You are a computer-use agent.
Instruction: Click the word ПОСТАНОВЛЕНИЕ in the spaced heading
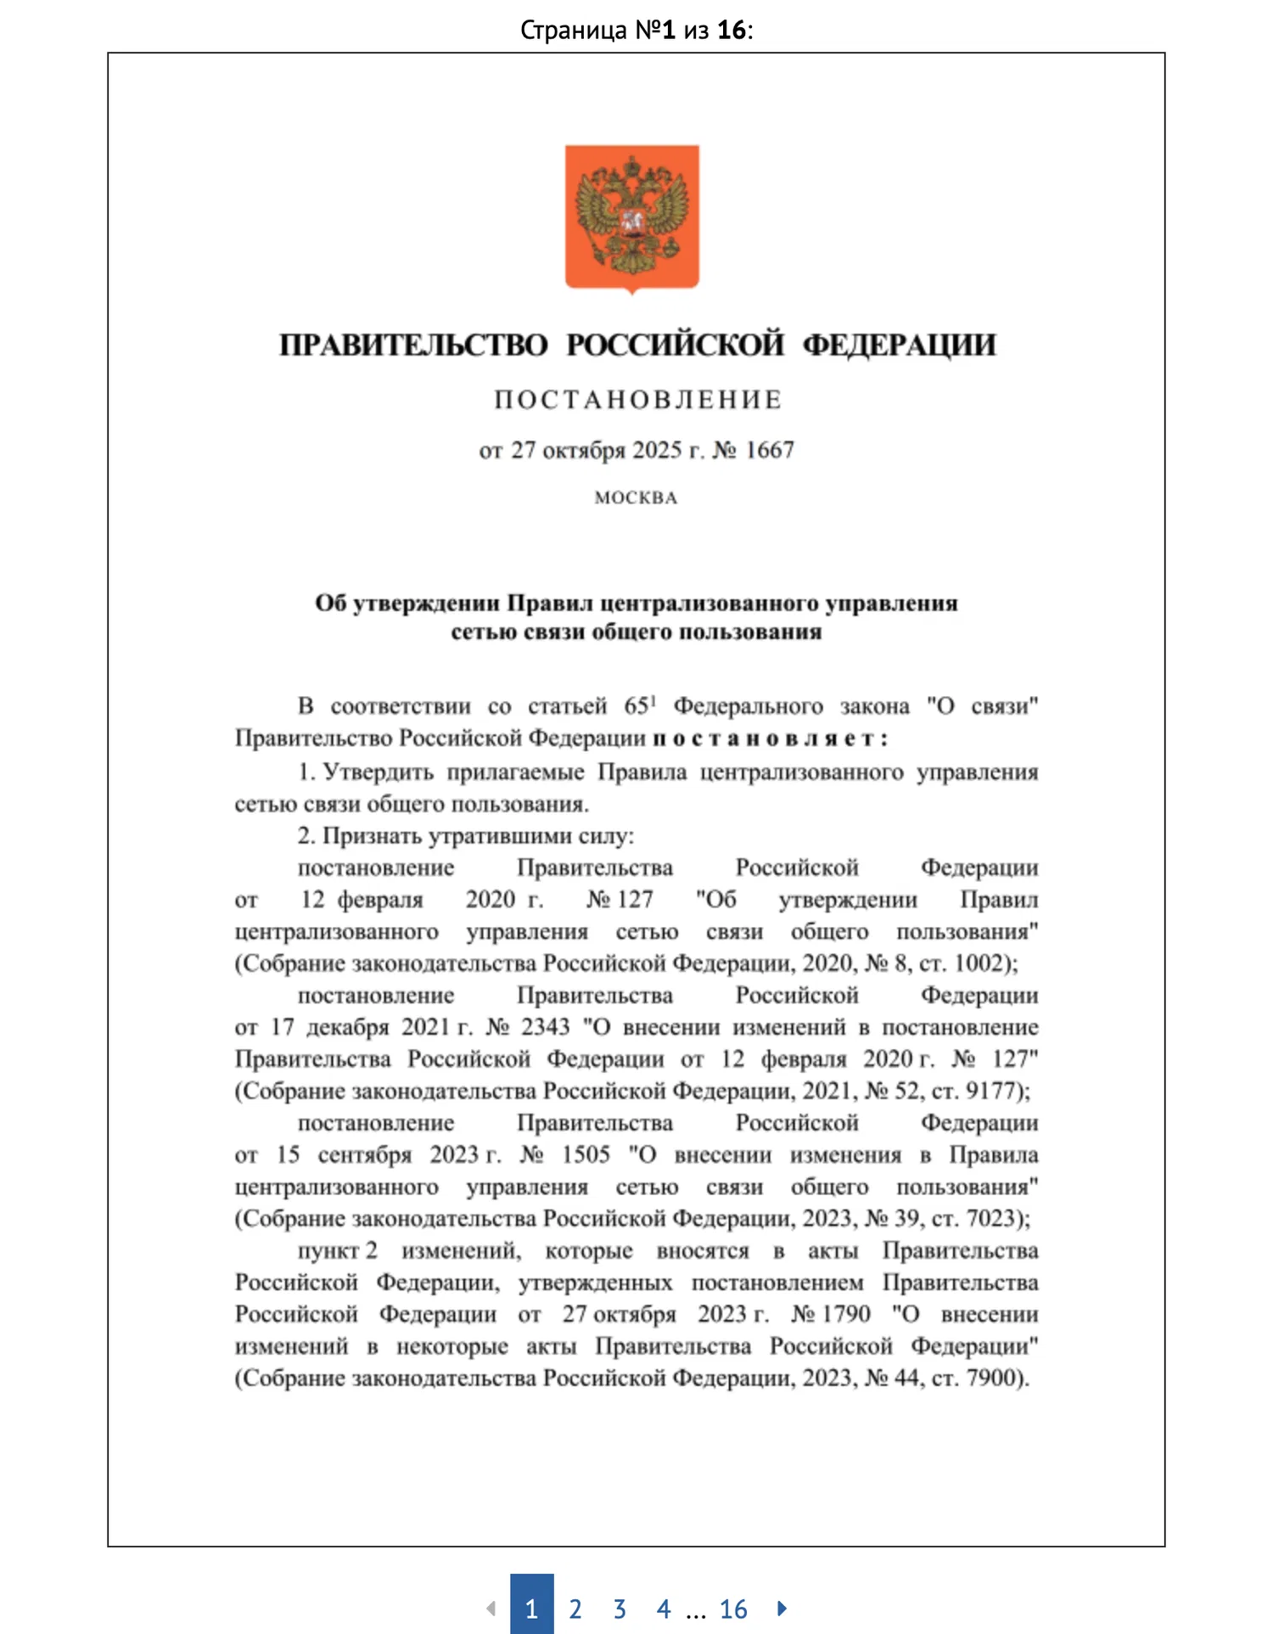click(638, 400)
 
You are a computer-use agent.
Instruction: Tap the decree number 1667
click(769, 450)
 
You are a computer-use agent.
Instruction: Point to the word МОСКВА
click(636, 498)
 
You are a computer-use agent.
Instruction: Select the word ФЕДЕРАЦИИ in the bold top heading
click(899, 345)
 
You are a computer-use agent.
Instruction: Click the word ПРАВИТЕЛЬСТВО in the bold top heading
click(414, 345)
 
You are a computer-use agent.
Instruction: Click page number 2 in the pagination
click(575, 1609)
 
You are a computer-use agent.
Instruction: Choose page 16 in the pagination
click(733, 1609)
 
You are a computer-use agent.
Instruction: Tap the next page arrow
click(782, 1608)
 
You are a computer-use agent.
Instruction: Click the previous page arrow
click(491, 1608)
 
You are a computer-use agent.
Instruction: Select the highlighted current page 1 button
click(531, 1607)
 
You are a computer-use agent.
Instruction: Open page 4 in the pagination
click(664, 1609)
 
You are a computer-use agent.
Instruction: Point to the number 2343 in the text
click(545, 1027)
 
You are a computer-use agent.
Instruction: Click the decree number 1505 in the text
click(586, 1154)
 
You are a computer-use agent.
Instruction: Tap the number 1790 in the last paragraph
click(842, 1314)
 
